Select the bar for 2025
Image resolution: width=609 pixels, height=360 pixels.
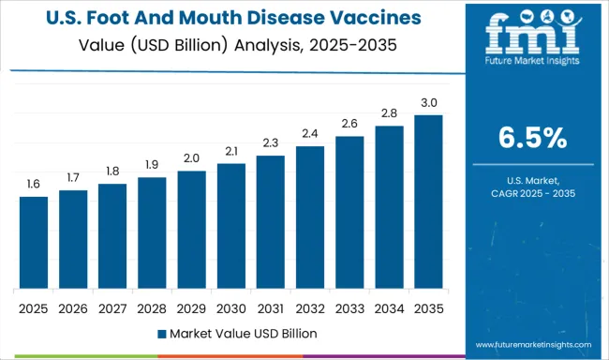tap(34, 242)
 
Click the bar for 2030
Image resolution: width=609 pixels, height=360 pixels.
tap(230, 225)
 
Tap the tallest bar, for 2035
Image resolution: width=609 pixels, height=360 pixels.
tap(427, 201)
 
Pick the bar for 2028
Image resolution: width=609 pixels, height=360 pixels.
tap(152, 232)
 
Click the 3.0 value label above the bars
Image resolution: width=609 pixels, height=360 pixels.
tap(427, 103)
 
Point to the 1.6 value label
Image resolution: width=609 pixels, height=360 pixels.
tap(34, 185)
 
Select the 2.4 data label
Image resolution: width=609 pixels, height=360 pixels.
tap(309, 134)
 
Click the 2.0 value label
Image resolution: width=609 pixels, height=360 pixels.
tap(191, 158)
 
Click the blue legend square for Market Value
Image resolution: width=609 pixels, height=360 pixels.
tap(163, 333)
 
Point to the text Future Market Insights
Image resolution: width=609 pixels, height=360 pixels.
tap(530, 67)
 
